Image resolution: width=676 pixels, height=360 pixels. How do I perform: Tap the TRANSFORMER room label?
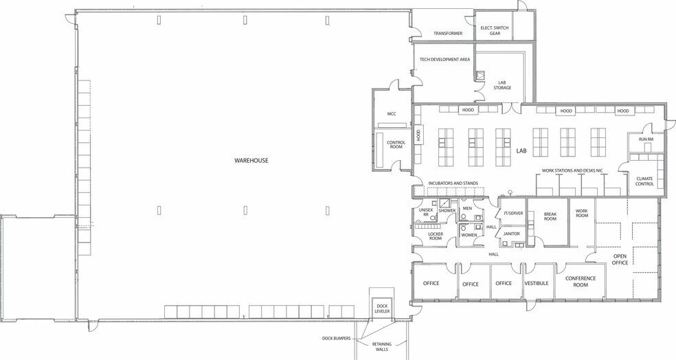(x=448, y=33)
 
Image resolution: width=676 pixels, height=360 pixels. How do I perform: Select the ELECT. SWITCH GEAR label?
(x=495, y=30)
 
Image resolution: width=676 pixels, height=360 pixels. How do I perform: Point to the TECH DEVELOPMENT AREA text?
(x=444, y=60)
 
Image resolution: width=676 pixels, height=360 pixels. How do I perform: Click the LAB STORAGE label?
(x=502, y=85)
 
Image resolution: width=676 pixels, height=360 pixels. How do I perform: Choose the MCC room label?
(x=392, y=114)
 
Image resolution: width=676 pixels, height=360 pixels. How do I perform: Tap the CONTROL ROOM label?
(x=396, y=144)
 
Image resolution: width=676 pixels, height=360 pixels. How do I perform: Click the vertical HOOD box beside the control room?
(x=418, y=136)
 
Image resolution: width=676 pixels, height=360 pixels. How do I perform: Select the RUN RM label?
(x=646, y=139)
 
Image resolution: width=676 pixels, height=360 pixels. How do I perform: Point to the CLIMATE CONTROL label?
(x=644, y=181)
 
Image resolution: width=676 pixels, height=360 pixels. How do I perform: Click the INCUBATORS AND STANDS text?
(x=453, y=183)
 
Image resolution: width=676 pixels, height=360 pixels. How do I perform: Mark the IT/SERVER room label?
(x=512, y=213)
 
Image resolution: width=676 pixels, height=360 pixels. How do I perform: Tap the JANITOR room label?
(x=511, y=234)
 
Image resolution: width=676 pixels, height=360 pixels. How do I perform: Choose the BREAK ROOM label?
(x=550, y=216)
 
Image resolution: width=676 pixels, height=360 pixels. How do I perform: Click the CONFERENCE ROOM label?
(x=581, y=282)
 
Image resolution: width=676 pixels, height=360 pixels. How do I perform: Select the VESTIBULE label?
(x=537, y=283)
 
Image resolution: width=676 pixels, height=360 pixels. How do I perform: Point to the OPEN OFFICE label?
(x=620, y=259)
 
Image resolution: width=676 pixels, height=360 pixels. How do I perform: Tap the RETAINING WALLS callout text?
(x=381, y=347)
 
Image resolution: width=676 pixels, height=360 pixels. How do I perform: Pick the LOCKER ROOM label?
(x=436, y=236)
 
